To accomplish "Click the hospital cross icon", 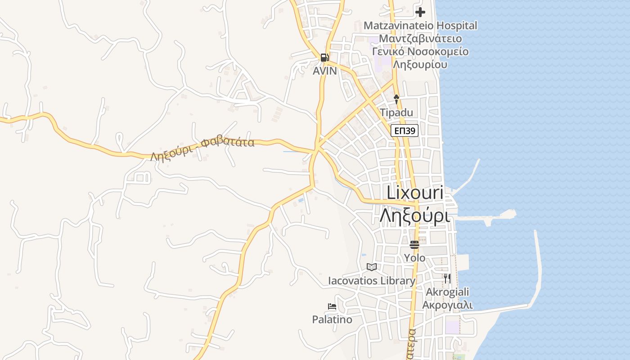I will (x=420, y=12).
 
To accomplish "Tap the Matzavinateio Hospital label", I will (x=420, y=26).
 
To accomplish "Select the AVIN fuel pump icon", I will (x=324, y=57).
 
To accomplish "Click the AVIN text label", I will (x=325, y=71).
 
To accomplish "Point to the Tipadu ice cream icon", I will (x=396, y=99).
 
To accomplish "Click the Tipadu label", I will (x=396, y=112).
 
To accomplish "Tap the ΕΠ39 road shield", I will (x=405, y=131).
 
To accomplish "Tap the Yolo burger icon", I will (x=414, y=245).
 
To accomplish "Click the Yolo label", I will (x=414, y=258).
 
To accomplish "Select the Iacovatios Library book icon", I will (x=371, y=267).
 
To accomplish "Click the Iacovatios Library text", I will (x=372, y=281).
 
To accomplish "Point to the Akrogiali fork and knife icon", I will (x=447, y=279).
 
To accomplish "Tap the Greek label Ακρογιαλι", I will (x=447, y=305).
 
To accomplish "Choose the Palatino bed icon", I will (x=332, y=306).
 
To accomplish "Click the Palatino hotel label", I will (x=332, y=320).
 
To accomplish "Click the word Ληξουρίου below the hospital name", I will (x=420, y=64).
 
